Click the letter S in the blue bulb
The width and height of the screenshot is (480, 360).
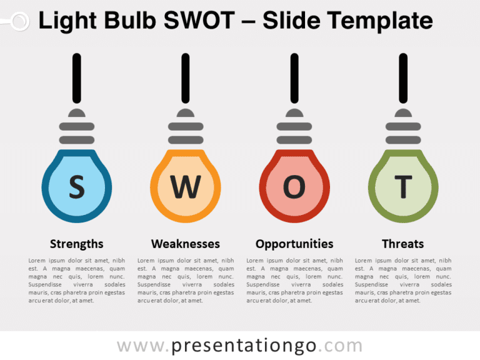click(76, 187)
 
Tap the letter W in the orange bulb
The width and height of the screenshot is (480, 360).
click(186, 187)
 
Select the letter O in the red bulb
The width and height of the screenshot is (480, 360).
click(294, 187)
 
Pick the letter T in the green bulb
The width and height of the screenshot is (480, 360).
click(403, 187)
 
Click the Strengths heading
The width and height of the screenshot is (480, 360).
click(76, 244)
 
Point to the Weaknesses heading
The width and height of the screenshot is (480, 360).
click(186, 244)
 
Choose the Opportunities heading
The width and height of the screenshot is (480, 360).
click(294, 244)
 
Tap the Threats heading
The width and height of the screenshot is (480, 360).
click(403, 244)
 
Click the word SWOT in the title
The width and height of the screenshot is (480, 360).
click(199, 21)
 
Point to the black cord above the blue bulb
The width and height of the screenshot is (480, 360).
click(77, 78)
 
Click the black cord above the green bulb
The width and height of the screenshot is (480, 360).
click(403, 78)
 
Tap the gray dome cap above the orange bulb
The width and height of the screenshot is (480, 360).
click(186, 113)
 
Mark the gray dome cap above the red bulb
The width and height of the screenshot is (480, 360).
click(294, 113)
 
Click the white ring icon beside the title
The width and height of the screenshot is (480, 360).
click(20, 21)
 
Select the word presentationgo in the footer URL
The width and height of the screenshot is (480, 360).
click(243, 346)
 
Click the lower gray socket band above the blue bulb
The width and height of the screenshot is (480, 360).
click(77, 140)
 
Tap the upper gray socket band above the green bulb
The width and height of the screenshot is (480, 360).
click(403, 126)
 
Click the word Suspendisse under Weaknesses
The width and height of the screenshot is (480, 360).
click(154, 285)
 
